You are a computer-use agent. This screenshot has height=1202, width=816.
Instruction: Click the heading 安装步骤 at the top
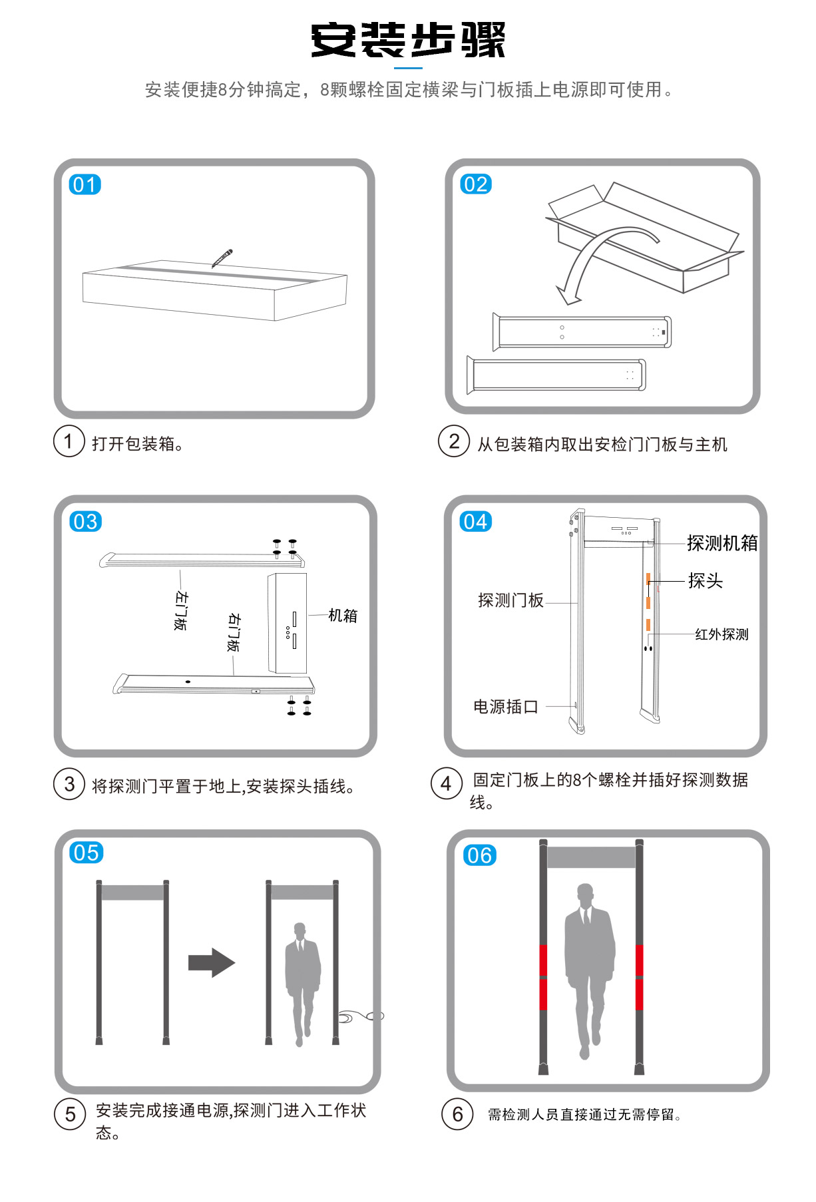[x=408, y=39]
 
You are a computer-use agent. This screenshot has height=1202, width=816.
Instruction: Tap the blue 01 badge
[x=85, y=184]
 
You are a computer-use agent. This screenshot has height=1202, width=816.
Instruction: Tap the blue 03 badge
[x=85, y=521]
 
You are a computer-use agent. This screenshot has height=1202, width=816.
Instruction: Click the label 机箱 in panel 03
[x=343, y=616]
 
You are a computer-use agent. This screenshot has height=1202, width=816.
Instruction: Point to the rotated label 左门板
[x=180, y=610]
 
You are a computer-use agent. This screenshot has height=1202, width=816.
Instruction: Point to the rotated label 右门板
[x=234, y=632]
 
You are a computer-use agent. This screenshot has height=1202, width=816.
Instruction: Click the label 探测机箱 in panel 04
[x=722, y=543]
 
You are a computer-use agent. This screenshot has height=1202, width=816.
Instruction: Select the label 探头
[x=705, y=581]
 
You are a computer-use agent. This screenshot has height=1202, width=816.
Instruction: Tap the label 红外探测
[x=721, y=634]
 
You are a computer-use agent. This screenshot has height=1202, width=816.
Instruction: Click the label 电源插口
[x=506, y=707]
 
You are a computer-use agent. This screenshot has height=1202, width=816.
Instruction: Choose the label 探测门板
[x=510, y=601]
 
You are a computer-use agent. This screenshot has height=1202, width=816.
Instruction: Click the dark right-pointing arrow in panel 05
[x=212, y=962]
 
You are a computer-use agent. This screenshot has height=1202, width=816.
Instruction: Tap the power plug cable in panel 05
[x=360, y=1016]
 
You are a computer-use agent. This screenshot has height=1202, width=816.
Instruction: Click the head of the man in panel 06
[x=585, y=895]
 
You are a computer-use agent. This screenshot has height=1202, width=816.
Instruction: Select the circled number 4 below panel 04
[x=447, y=783]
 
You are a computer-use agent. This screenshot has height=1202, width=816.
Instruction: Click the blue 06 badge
[x=479, y=855]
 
